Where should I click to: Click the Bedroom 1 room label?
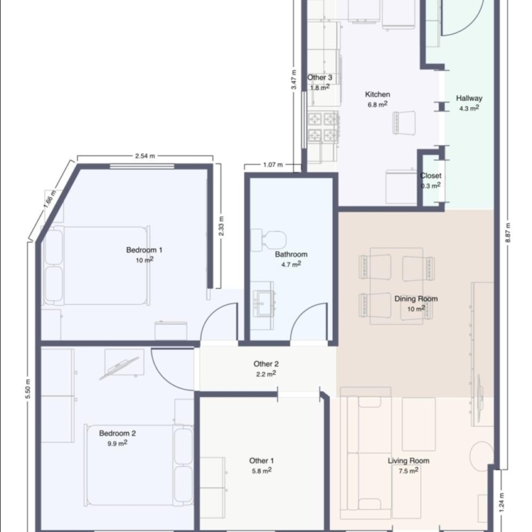coord(144,250)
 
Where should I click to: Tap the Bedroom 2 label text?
coord(117,433)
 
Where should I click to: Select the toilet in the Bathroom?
coord(269,240)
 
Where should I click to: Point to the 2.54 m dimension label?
coord(145,156)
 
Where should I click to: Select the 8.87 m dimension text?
coord(508,233)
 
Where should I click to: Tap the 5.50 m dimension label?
coord(28,389)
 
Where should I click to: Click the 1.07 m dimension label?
coord(273,165)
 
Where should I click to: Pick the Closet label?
coord(431,176)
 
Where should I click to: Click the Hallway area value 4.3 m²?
coord(469,108)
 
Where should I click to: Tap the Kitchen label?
coord(378,94)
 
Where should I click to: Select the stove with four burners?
coord(323,128)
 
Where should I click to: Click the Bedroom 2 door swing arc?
coord(164,379)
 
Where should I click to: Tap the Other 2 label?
coord(266,364)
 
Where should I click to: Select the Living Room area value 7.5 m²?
coord(409,471)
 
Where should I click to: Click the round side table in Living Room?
coord(482,456)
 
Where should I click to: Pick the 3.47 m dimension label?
coord(294,79)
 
